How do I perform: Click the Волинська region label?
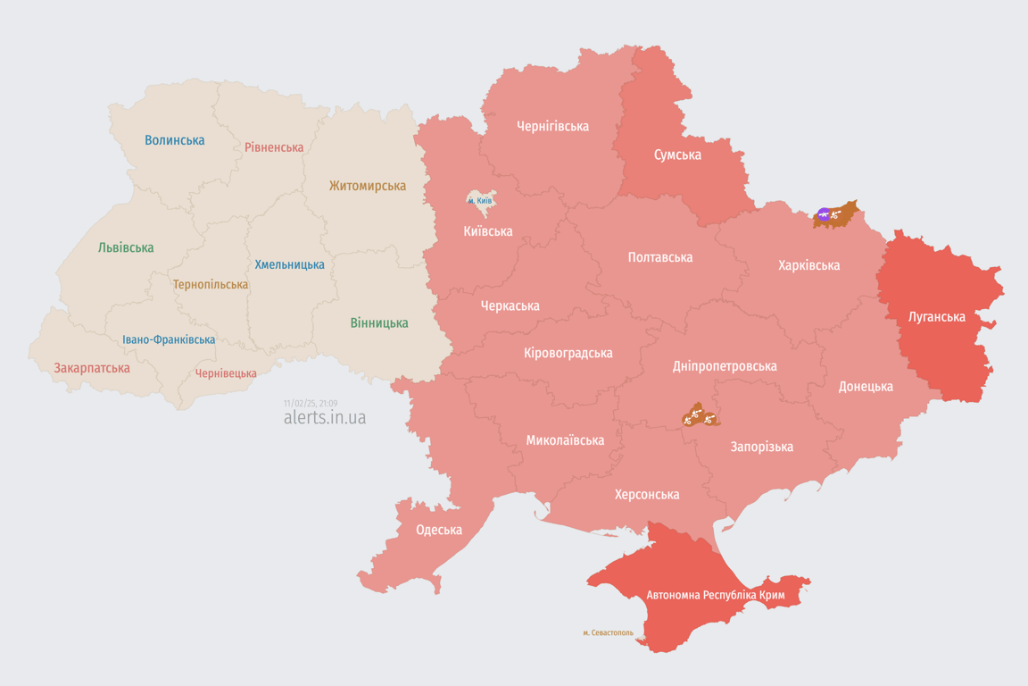pyautogui.click(x=174, y=140)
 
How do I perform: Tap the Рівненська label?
pyautogui.click(x=274, y=147)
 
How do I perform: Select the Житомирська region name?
pyautogui.click(x=367, y=186)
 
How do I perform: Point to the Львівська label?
pyautogui.click(x=126, y=247)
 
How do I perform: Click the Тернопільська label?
pyautogui.click(x=211, y=284)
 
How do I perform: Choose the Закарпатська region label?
pyautogui.click(x=92, y=368)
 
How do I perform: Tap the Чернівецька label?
pyautogui.click(x=226, y=373)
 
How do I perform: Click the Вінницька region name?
pyautogui.click(x=379, y=322)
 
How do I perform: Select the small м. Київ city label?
pyautogui.click(x=480, y=201)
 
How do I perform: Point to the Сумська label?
pyautogui.click(x=677, y=155)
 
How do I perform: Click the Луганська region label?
pyautogui.click(x=936, y=316)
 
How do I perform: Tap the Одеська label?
pyautogui.click(x=439, y=530)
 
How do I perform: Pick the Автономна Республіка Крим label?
pyautogui.click(x=701, y=595)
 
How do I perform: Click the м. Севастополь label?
pyautogui.click(x=608, y=633)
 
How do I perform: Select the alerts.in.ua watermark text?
pyautogui.click(x=324, y=418)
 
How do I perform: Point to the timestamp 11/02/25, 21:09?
pyautogui.click(x=311, y=404)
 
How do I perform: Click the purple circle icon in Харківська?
pyautogui.click(x=824, y=214)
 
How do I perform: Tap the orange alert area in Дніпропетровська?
pyautogui.click(x=700, y=415)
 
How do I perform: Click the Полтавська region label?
pyautogui.click(x=659, y=257)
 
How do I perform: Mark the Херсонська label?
pyautogui.click(x=646, y=494)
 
